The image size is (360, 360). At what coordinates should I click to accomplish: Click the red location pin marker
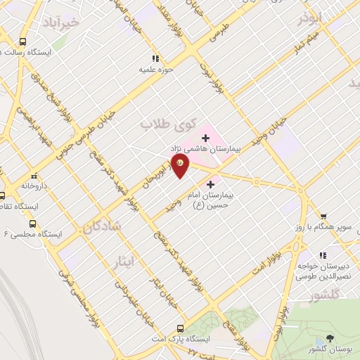181,163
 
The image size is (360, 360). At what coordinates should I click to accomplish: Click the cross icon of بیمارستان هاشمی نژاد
205,136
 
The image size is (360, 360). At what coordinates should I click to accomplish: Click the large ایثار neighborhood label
123,262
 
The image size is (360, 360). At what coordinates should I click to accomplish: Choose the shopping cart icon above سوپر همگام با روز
323,217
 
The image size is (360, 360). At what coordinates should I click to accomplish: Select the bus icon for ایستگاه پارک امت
181,328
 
